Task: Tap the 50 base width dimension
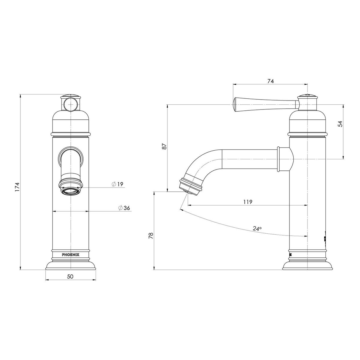(70, 277)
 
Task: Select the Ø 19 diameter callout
(118, 184)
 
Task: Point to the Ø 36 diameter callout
(124, 208)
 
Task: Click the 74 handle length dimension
(270, 81)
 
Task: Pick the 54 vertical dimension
(340, 124)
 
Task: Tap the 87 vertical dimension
(164, 146)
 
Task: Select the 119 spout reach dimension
(248, 202)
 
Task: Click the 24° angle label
(257, 229)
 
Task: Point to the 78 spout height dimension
(151, 235)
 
